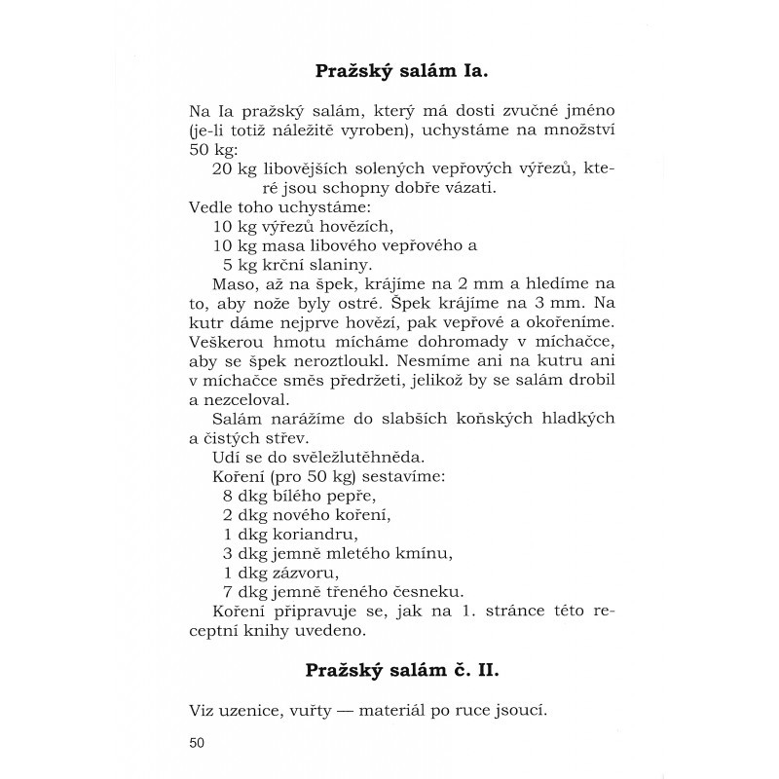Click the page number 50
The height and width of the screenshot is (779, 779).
199,744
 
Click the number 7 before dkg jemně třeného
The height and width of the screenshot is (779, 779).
228,591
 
